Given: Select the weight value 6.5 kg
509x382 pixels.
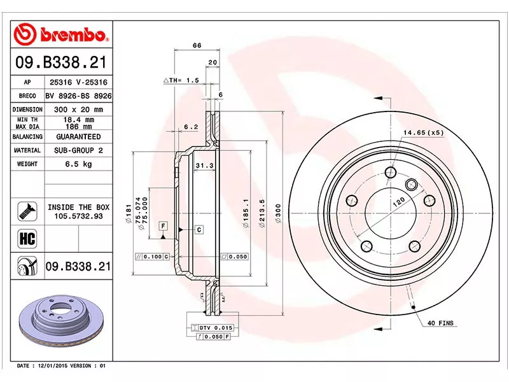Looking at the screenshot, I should click(x=79, y=164).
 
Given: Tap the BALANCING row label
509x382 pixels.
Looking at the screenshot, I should click(x=27, y=136).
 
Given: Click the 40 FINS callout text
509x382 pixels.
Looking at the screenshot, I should click(x=440, y=323).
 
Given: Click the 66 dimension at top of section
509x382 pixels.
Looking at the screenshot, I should click(x=197, y=45).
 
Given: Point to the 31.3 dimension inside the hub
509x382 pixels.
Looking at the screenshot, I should click(x=204, y=166).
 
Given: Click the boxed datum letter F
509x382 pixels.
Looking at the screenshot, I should click(x=164, y=227).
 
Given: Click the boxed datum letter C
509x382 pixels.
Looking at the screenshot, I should click(x=199, y=229).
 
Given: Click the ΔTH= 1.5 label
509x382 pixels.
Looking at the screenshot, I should click(x=181, y=80).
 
